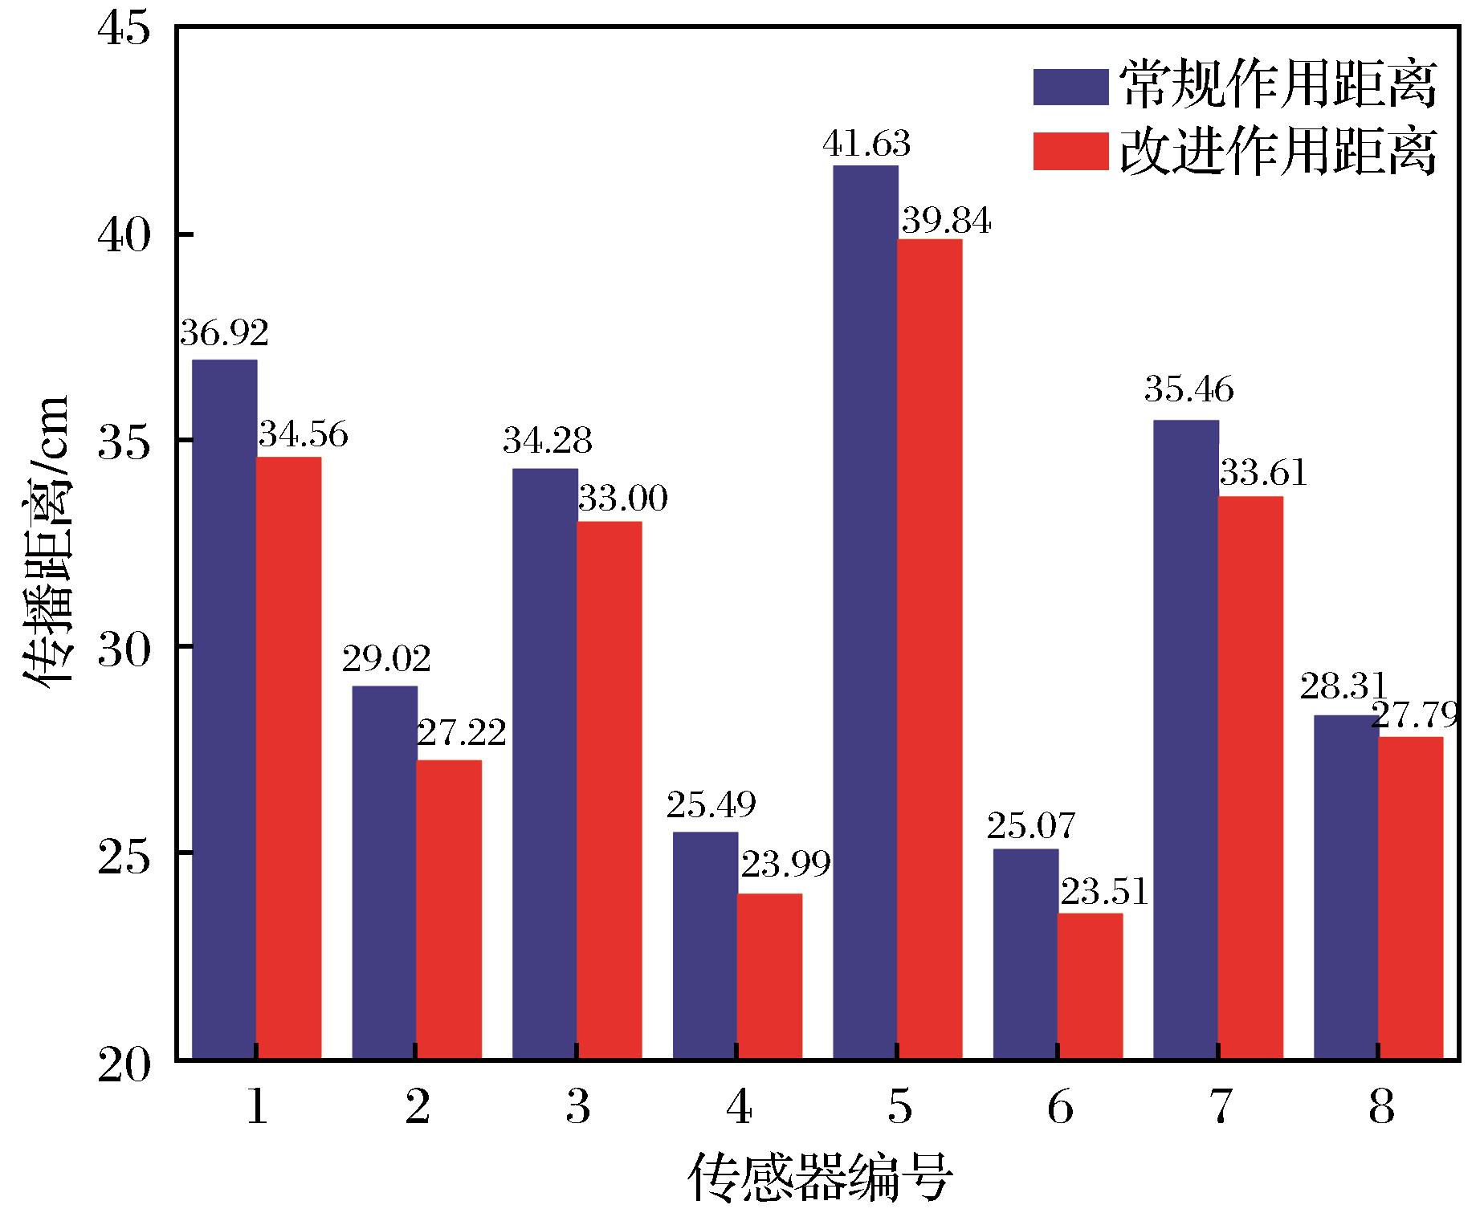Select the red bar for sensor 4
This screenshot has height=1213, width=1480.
point(769,976)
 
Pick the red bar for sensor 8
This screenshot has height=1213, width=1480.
point(1410,898)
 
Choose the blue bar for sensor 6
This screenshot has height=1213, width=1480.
point(1025,955)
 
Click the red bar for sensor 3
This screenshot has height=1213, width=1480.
point(610,791)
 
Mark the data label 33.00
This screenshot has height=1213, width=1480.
point(623,499)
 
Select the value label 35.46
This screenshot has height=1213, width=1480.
point(1188,390)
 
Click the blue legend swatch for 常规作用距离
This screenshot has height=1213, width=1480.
point(1070,87)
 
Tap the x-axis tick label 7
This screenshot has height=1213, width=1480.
point(1219,1108)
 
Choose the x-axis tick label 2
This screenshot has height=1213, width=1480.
point(417,1108)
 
